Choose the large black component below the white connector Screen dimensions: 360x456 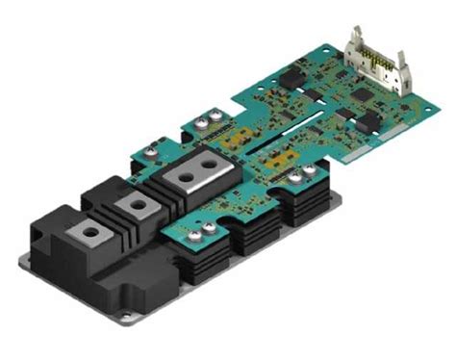coord(367,121)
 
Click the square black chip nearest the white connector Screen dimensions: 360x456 coord(359,95)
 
